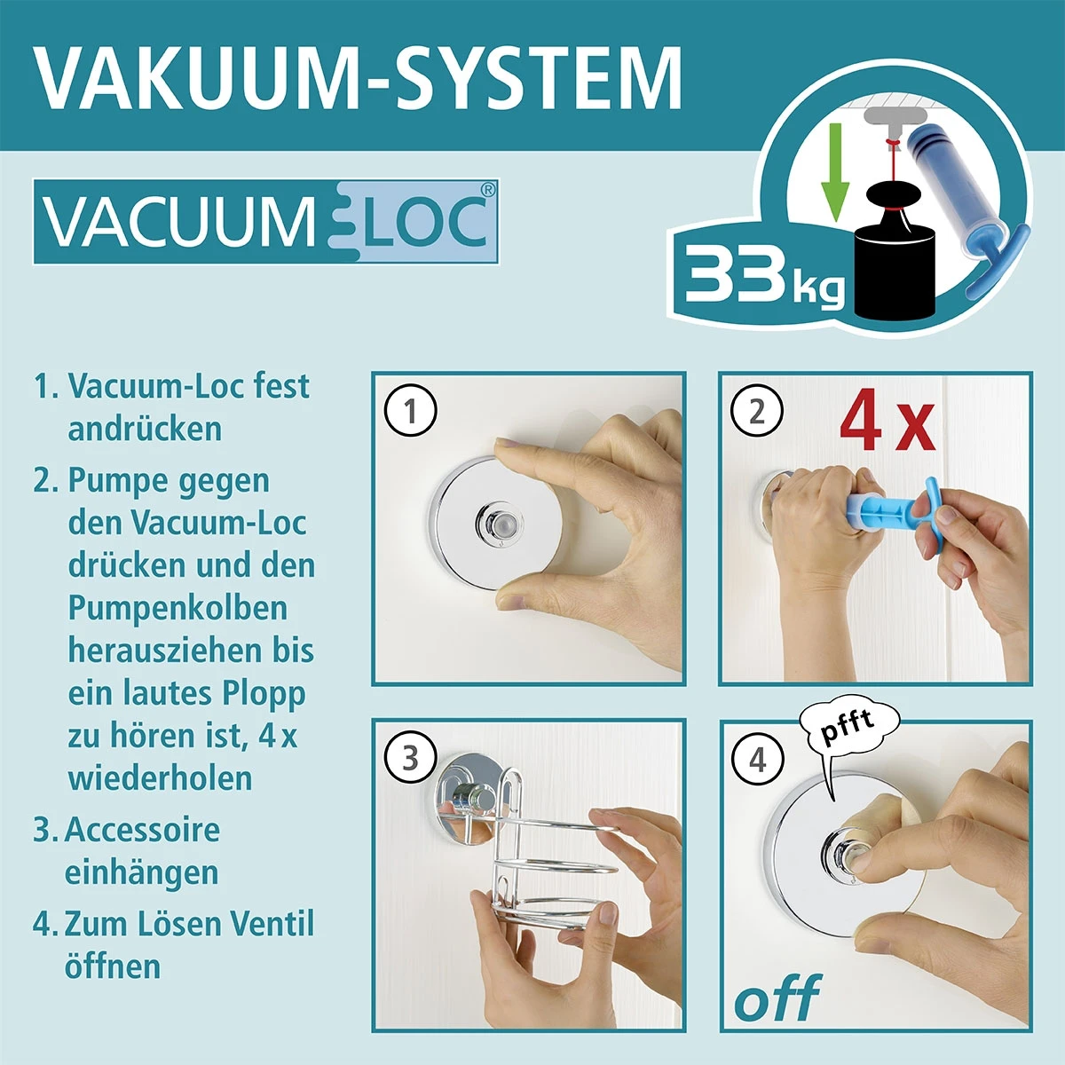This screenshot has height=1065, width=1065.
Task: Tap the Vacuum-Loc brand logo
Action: [x=265, y=222]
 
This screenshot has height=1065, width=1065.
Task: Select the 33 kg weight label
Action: [x=763, y=276]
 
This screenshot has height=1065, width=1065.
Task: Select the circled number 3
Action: [x=410, y=758]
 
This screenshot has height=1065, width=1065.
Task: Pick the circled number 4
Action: [x=756, y=760]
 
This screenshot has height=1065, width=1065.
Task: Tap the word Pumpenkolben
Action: [x=177, y=608]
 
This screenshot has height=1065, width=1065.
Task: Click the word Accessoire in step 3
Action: [x=142, y=830]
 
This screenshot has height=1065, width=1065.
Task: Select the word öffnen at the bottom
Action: [x=113, y=966]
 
